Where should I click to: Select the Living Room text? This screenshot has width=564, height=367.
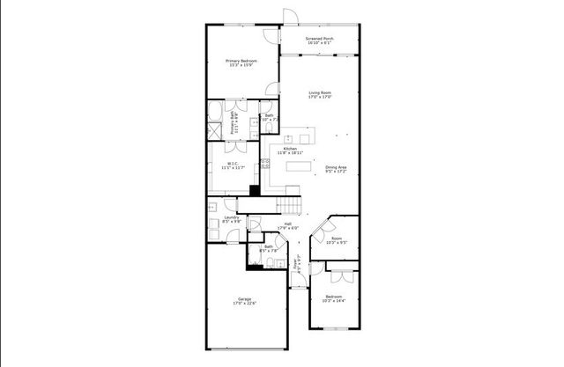point(319,95)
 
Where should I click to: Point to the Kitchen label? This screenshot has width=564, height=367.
point(289,150)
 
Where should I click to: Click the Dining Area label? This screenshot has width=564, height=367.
point(336,169)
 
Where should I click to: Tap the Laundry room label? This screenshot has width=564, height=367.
point(231,219)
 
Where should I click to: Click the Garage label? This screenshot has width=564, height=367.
point(242,301)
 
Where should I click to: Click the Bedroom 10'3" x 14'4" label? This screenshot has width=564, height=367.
point(334,299)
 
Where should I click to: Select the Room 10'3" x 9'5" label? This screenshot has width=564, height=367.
point(337,239)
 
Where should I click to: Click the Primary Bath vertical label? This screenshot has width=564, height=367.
point(234,121)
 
